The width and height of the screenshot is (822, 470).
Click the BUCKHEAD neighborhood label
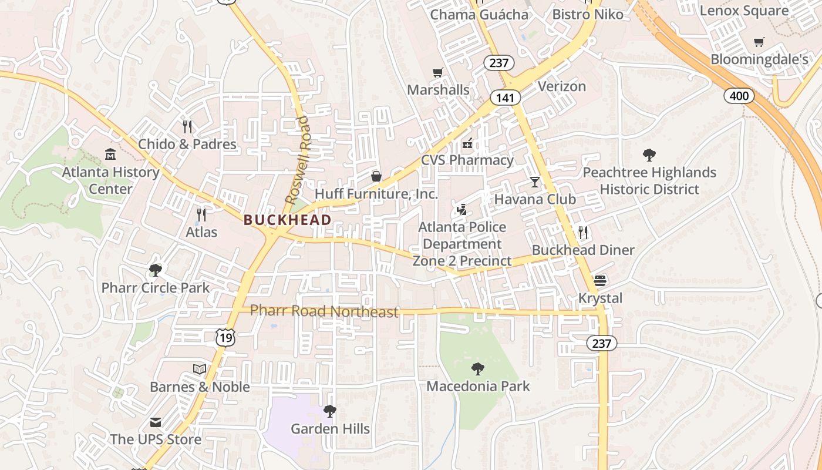tap(287, 220)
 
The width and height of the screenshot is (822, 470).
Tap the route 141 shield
tap(505, 98)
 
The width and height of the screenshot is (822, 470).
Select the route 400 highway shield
tap(739, 95)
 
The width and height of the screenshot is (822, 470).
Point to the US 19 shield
tap(225, 337)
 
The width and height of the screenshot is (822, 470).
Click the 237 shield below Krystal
tap(602, 344)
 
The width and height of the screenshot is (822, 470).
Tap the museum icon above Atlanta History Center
tap(110, 155)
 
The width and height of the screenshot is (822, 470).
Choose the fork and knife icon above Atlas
tap(201, 214)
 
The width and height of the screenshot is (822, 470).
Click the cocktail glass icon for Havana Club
tap(534, 182)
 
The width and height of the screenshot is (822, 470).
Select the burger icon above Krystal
tap(599, 280)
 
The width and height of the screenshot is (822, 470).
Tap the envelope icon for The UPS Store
tap(156, 422)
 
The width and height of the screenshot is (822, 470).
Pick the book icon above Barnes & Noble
tap(200, 369)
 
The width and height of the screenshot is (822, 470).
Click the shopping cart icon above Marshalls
tap(437, 73)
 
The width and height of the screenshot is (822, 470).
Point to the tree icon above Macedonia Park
tap(478, 369)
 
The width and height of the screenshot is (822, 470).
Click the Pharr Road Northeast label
tap(324, 311)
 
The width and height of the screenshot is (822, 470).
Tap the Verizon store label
tap(562, 87)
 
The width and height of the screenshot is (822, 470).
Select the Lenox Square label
tap(744, 11)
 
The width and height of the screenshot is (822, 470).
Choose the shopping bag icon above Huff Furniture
tap(376, 176)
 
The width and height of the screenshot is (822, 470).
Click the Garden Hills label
tap(331, 429)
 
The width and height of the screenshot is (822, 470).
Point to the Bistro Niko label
tap(588, 14)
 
